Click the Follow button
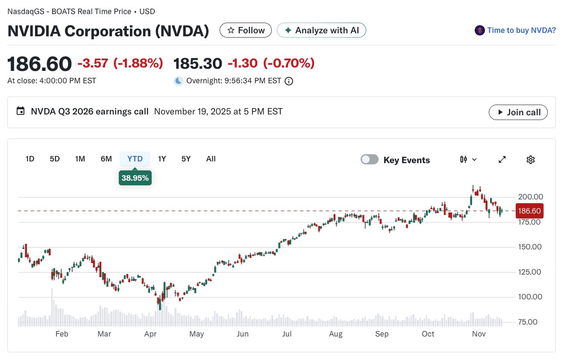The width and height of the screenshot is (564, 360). [246, 30]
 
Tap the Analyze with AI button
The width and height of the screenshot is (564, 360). [321, 30]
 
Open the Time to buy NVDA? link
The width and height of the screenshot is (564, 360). [521, 30]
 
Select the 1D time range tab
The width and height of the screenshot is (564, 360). [30, 159]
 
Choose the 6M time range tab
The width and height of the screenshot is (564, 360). [106, 159]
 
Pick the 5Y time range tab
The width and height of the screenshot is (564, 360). [186, 159]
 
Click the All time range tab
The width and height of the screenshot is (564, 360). [211, 159]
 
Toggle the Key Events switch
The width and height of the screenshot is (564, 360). [369, 159]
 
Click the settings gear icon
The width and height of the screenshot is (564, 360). [531, 159]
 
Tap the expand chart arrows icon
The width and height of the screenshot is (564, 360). [502, 159]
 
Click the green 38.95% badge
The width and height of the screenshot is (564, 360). [135, 178]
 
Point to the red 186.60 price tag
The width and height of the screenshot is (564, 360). [529, 211]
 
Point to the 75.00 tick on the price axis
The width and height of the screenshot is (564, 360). [528, 322]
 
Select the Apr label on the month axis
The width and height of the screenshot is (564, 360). [150, 334]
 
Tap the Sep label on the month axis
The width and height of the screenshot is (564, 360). [382, 334]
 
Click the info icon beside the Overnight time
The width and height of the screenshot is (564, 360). [289, 81]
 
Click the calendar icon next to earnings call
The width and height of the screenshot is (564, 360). [21, 111]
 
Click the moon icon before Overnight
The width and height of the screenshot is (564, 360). [179, 81]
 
